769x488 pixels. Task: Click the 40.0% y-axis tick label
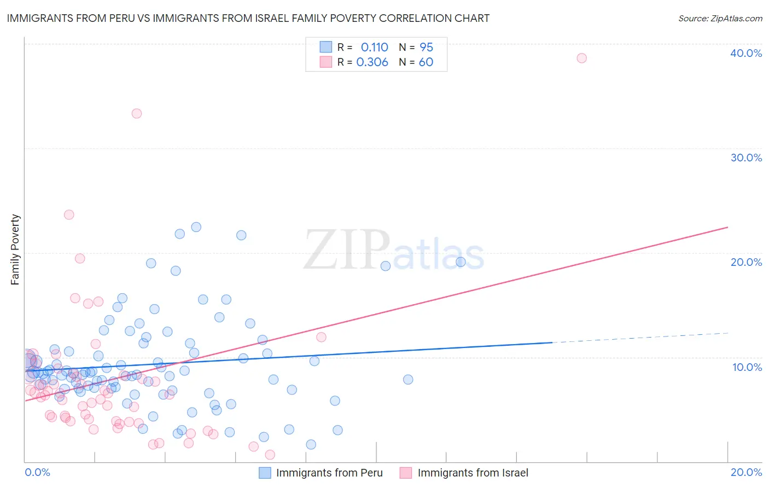746,53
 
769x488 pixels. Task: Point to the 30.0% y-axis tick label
746,158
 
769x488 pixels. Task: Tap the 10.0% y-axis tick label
747,367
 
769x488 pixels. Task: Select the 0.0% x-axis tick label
37,472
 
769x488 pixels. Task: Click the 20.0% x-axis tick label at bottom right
746,472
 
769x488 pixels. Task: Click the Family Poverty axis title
15,249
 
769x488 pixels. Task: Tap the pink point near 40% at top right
581,58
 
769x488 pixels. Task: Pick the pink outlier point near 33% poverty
137,113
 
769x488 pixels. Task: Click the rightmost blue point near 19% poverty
461,262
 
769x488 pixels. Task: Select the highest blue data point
196,227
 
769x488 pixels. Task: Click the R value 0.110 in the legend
374,48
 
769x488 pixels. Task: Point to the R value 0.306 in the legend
372,62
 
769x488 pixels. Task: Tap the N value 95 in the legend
426,48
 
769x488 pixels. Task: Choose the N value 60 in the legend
426,62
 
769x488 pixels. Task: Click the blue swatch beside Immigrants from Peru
265,473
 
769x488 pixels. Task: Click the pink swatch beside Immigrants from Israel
405,473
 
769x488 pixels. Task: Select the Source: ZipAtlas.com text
720,19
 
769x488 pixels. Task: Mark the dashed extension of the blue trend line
640,338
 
